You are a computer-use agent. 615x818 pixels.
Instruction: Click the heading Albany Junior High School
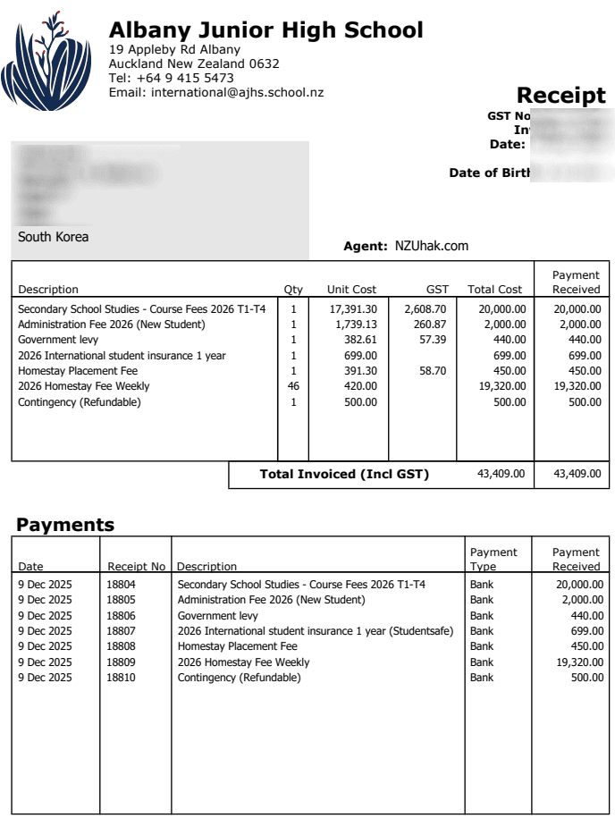point(265,30)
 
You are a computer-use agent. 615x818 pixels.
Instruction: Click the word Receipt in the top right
point(560,96)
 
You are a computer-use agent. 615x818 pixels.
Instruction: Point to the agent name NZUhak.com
point(432,246)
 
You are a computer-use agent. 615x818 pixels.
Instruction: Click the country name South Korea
point(53,237)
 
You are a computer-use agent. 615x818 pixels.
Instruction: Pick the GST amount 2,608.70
point(425,308)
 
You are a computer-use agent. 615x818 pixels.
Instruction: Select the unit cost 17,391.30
point(353,308)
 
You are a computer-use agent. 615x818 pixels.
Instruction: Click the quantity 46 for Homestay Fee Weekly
point(293,386)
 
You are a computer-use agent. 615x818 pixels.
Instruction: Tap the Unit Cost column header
point(351,290)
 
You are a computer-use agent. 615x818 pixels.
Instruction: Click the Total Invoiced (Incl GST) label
point(344,475)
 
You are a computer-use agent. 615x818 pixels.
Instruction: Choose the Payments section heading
point(65,525)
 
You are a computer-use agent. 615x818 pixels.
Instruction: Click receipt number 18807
point(122,631)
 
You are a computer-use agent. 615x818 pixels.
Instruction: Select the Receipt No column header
point(136,567)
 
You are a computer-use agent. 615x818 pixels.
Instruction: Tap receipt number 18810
point(122,678)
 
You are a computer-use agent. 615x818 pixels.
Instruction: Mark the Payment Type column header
point(493,560)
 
